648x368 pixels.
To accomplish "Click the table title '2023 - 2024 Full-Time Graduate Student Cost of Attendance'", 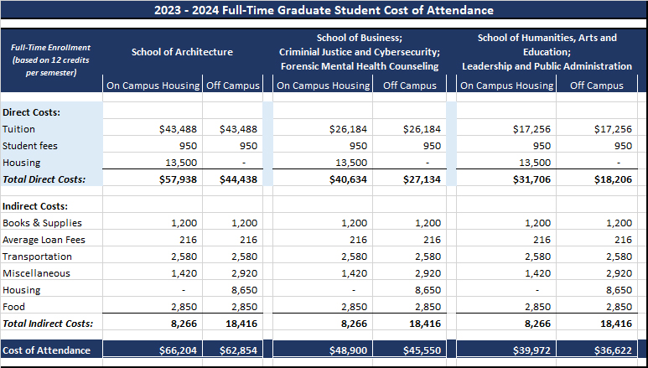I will [324, 11].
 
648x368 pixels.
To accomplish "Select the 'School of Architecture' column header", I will [182, 52].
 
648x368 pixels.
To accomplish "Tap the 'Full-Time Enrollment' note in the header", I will [51, 60].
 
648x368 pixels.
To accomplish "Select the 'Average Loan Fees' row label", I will [44, 240].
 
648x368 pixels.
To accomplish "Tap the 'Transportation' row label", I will [37, 257].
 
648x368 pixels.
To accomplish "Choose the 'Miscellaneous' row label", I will [37, 273].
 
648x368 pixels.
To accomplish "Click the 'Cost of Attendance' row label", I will [46, 350].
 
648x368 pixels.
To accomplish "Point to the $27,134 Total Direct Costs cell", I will [421, 179].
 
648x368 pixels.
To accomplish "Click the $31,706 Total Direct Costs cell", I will [531, 179].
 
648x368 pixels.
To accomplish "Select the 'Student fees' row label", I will [31, 146].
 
